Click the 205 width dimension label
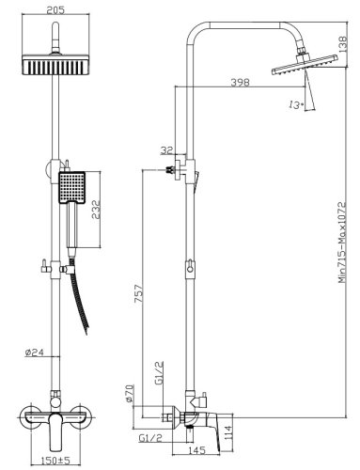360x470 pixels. [55, 10]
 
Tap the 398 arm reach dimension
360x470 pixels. [240, 83]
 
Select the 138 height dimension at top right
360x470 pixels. [343, 44]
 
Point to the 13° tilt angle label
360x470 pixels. [296, 104]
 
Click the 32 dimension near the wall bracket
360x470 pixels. [167, 150]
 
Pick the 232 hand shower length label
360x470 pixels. [96, 210]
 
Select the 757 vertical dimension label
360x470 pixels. [138, 293]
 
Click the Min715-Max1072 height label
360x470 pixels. [342, 243]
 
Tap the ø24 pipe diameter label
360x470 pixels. [35, 352]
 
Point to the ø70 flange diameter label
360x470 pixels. [130, 394]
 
